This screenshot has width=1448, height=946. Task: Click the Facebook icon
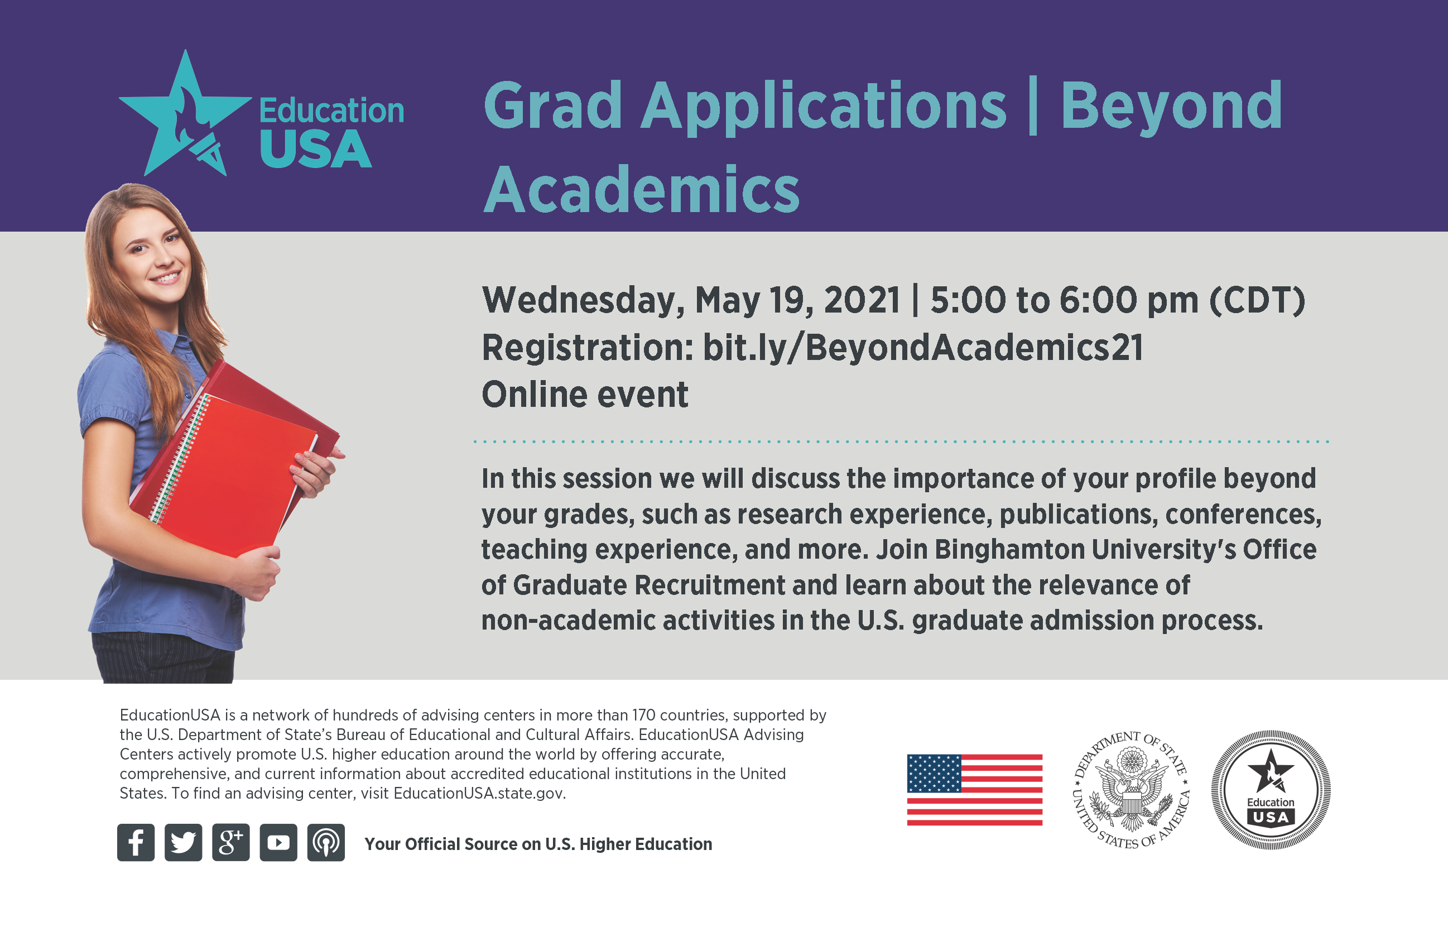click(x=136, y=843)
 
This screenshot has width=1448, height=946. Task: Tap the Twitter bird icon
click(x=183, y=843)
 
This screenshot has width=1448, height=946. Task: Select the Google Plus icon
click(x=230, y=843)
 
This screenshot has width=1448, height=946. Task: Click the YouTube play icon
click(x=278, y=843)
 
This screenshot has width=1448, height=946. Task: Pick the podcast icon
click(x=326, y=843)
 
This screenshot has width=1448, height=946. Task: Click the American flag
click(x=975, y=790)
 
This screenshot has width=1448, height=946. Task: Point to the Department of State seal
click(x=1131, y=790)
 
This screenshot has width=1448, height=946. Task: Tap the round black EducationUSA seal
click(x=1271, y=790)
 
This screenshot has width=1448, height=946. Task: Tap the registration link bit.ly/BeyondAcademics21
click(x=923, y=347)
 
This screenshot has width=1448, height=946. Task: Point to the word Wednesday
click(x=582, y=300)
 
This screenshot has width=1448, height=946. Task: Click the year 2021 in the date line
click(x=862, y=300)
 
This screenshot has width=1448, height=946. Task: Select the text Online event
click(x=585, y=394)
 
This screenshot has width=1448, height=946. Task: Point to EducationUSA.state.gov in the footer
click(x=479, y=793)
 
